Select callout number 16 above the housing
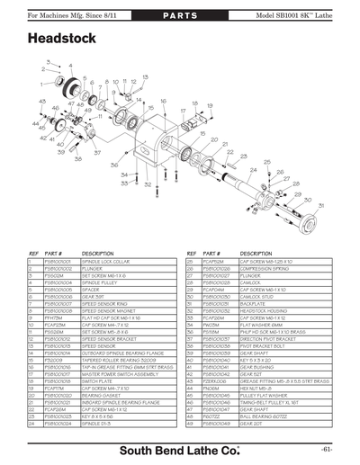point(163,102)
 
